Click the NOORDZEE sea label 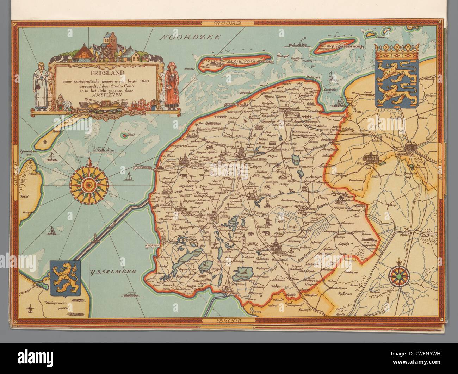click(x=189, y=37)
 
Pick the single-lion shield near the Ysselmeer click(x=65, y=278)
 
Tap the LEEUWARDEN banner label click(x=251, y=159)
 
